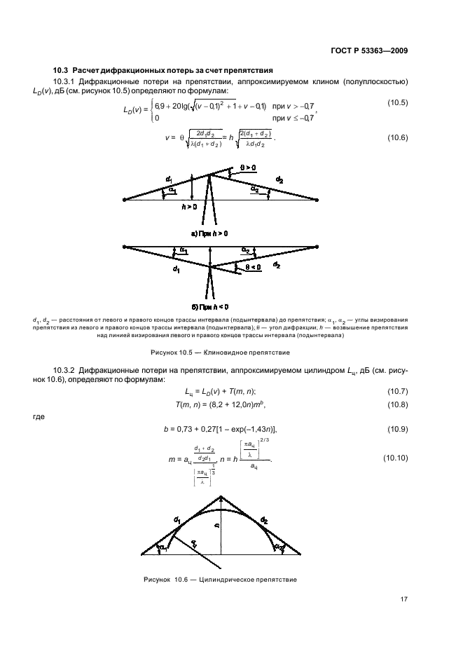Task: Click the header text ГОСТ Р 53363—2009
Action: pyautogui.click(x=368, y=50)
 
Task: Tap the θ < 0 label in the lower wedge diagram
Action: pyautogui.click(x=251, y=266)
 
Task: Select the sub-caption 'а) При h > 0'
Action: pyautogui.click(x=210, y=232)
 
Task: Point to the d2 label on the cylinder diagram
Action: pyautogui.click(x=264, y=520)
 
